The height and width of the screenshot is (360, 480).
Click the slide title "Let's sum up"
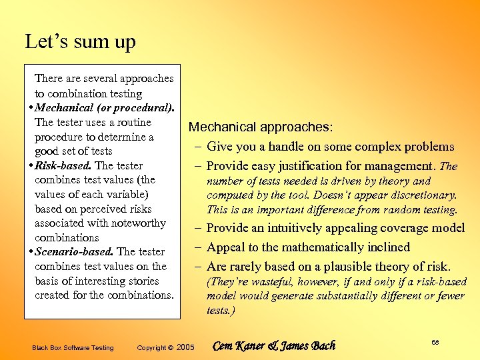pos(80,42)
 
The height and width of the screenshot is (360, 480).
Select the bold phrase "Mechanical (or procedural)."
pos(105,107)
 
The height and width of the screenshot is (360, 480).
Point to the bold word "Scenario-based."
pos(75,251)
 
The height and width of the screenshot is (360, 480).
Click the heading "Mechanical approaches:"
pos(261,127)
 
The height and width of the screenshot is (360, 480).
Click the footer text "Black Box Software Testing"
pos(73,347)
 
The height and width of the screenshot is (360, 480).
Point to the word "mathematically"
pos(313,247)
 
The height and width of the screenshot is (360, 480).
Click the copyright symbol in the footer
pos(170,347)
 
